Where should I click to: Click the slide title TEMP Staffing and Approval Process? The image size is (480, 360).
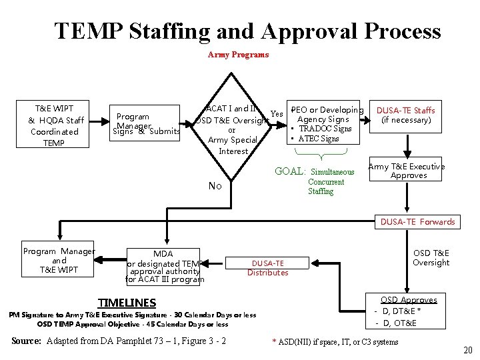click(x=247, y=31)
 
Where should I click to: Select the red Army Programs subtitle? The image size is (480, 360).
click(x=238, y=55)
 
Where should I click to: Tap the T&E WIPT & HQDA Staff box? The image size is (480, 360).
click(x=56, y=125)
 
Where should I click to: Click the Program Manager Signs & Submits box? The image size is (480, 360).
click(x=147, y=124)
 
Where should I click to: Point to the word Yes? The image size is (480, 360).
click(x=277, y=113)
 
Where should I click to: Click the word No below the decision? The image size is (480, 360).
click(x=215, y=186)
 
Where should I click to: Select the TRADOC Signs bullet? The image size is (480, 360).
click(x=324, y=129)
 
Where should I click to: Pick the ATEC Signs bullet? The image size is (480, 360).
click(x=319, y=139)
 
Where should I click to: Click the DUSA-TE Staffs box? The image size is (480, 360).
click(x=406, y=115)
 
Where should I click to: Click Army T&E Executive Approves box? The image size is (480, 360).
click(x=406, y=171)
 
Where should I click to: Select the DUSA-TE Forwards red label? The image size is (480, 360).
click(x=417, y=222)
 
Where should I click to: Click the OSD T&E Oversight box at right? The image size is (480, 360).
click(x=431, y=258)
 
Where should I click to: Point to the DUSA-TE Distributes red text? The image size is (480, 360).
click(x=267, y=268)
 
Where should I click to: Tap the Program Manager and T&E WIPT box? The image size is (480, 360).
click(x=59, y=261)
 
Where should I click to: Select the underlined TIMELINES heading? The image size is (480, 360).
click(x=127, y=303)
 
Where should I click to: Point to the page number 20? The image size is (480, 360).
click(x=467, y=351)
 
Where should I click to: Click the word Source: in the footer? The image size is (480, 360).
click(x=26, y=341)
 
